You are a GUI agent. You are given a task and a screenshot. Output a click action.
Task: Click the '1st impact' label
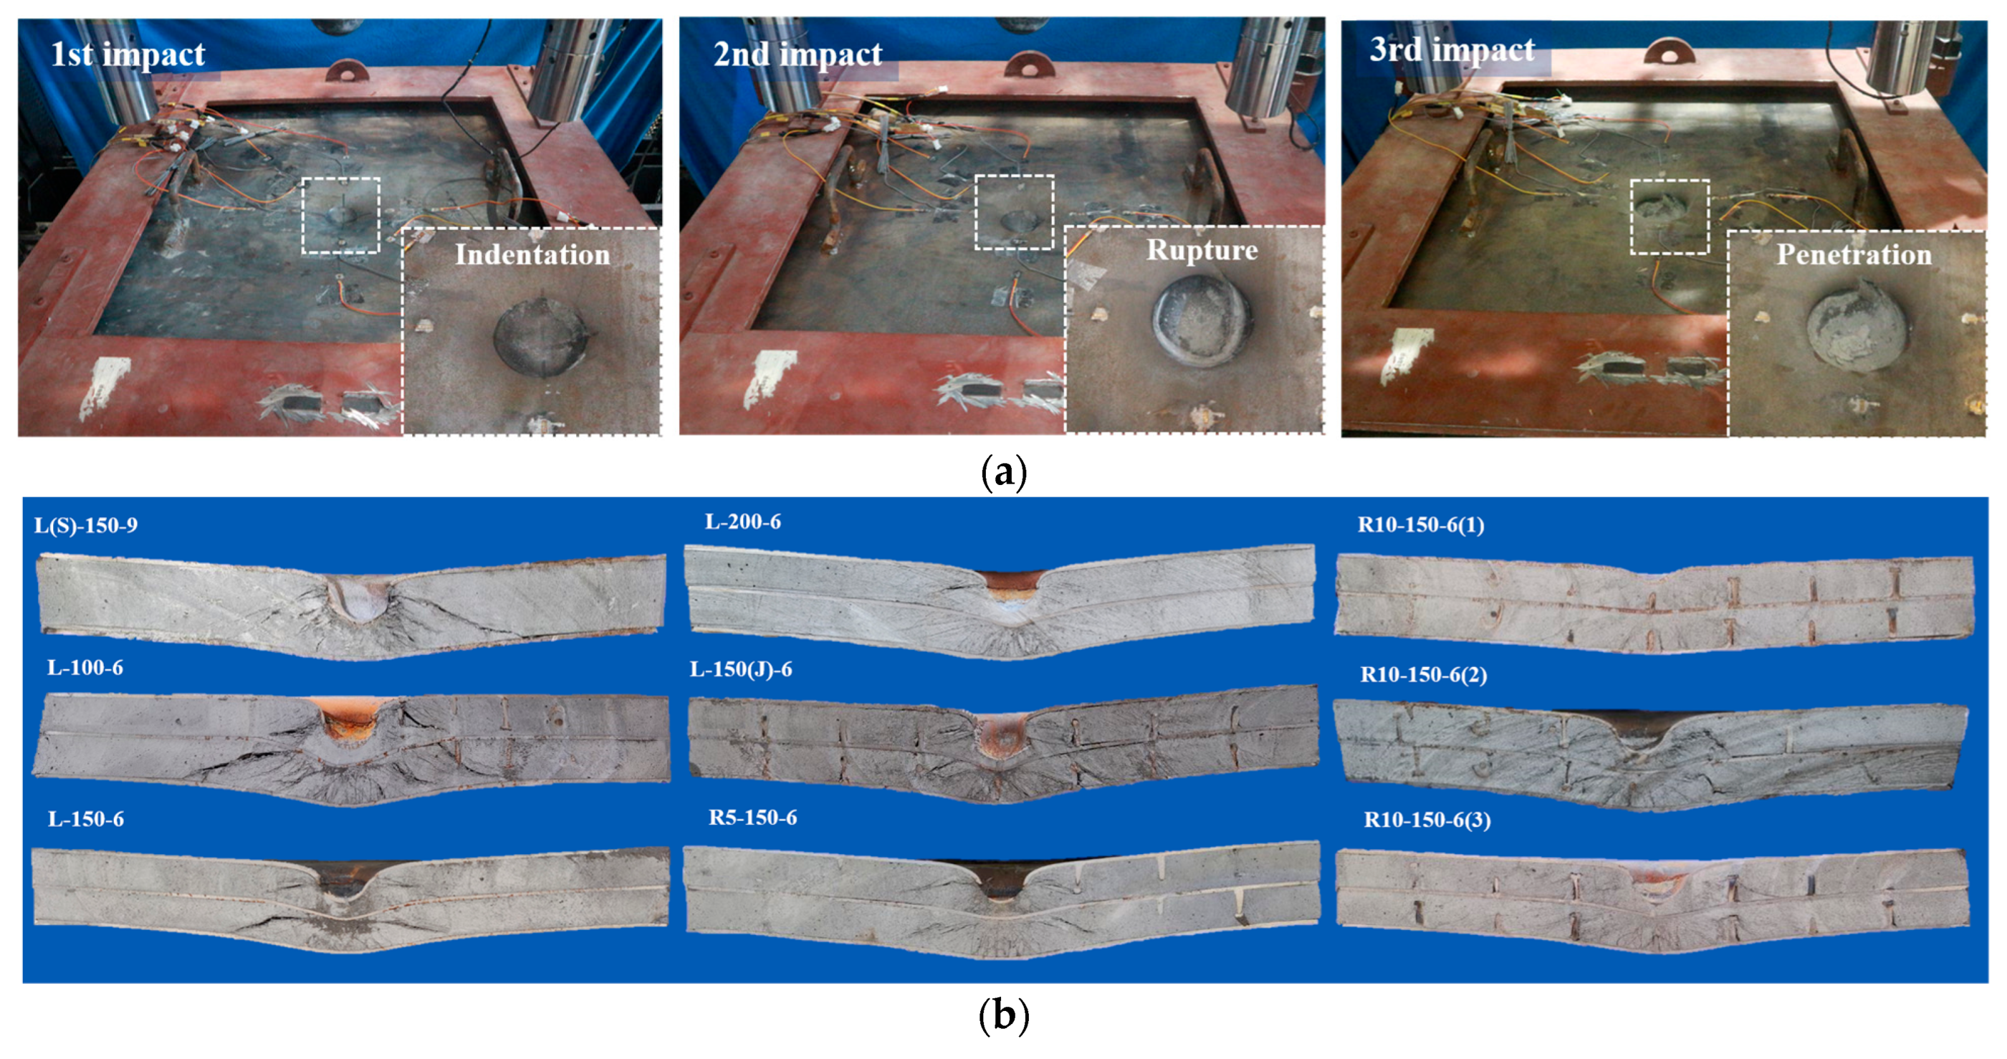(128, 54)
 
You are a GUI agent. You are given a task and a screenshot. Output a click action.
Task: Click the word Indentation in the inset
(532, 255)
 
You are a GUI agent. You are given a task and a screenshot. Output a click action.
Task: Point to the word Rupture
(1201, 250)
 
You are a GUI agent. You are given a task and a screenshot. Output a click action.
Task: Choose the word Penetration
(1853, 255)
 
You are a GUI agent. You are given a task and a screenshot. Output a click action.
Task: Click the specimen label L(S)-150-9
(86, 525)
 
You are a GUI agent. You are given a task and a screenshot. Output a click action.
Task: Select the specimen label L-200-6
(742, 522)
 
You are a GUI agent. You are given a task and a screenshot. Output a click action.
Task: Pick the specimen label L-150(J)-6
(740, 670)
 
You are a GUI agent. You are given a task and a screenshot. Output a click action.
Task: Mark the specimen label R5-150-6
(752, 817)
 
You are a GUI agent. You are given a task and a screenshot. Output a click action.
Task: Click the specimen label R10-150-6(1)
(1420, 524)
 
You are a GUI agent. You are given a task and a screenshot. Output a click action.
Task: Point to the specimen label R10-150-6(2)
(1423, 674)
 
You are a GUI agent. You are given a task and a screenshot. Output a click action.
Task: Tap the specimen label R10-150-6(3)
(1427, 820)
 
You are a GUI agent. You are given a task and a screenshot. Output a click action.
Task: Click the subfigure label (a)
(1004, 472)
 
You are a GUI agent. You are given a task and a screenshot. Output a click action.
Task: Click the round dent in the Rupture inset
(1201, 322)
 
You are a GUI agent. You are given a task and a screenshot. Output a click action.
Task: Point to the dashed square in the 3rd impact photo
(1669, 217)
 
